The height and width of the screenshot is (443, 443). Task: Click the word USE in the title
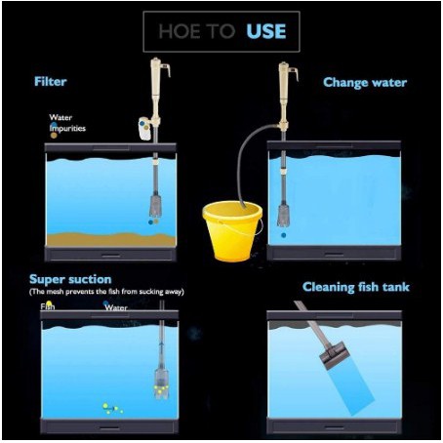pyautogui.click(x=266, y=31)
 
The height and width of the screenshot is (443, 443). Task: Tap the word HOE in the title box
pyautogui.click(x=180, y=31)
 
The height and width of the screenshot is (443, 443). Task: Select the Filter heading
pyautogui.click(x=51, y=81)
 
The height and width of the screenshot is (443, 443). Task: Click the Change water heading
pyautogui.click(x=365, y=82)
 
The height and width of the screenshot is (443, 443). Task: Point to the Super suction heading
pyautogui.click(x=70, y=279)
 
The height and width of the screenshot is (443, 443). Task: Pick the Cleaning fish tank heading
pyautogui.click(x=356, y=287)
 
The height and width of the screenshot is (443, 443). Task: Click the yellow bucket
pyautogui.click(x=232, y=231)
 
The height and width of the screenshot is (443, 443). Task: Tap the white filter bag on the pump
pyautogui.click(x=144, y=129)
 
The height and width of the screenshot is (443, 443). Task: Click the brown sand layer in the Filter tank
pyautogui.click(x=111, y=239)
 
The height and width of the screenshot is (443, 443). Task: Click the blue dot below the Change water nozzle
pyautogui.click(x=284, y=235)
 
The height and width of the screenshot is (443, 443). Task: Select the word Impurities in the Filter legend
pyautogui.click(x=67, y=129)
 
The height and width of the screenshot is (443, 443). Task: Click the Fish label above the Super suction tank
pyautogui.click(x=48, y=306)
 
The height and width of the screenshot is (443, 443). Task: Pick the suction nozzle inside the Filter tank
pyautogui.click(x=156, y=206)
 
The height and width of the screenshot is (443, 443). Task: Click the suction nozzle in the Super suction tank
pyautogui.click(x=161, y=383)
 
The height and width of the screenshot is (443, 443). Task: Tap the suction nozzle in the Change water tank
pyautogui.click(x=284, y=216)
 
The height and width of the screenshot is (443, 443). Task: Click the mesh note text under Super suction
pyautogui.click(x=106, y=292)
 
